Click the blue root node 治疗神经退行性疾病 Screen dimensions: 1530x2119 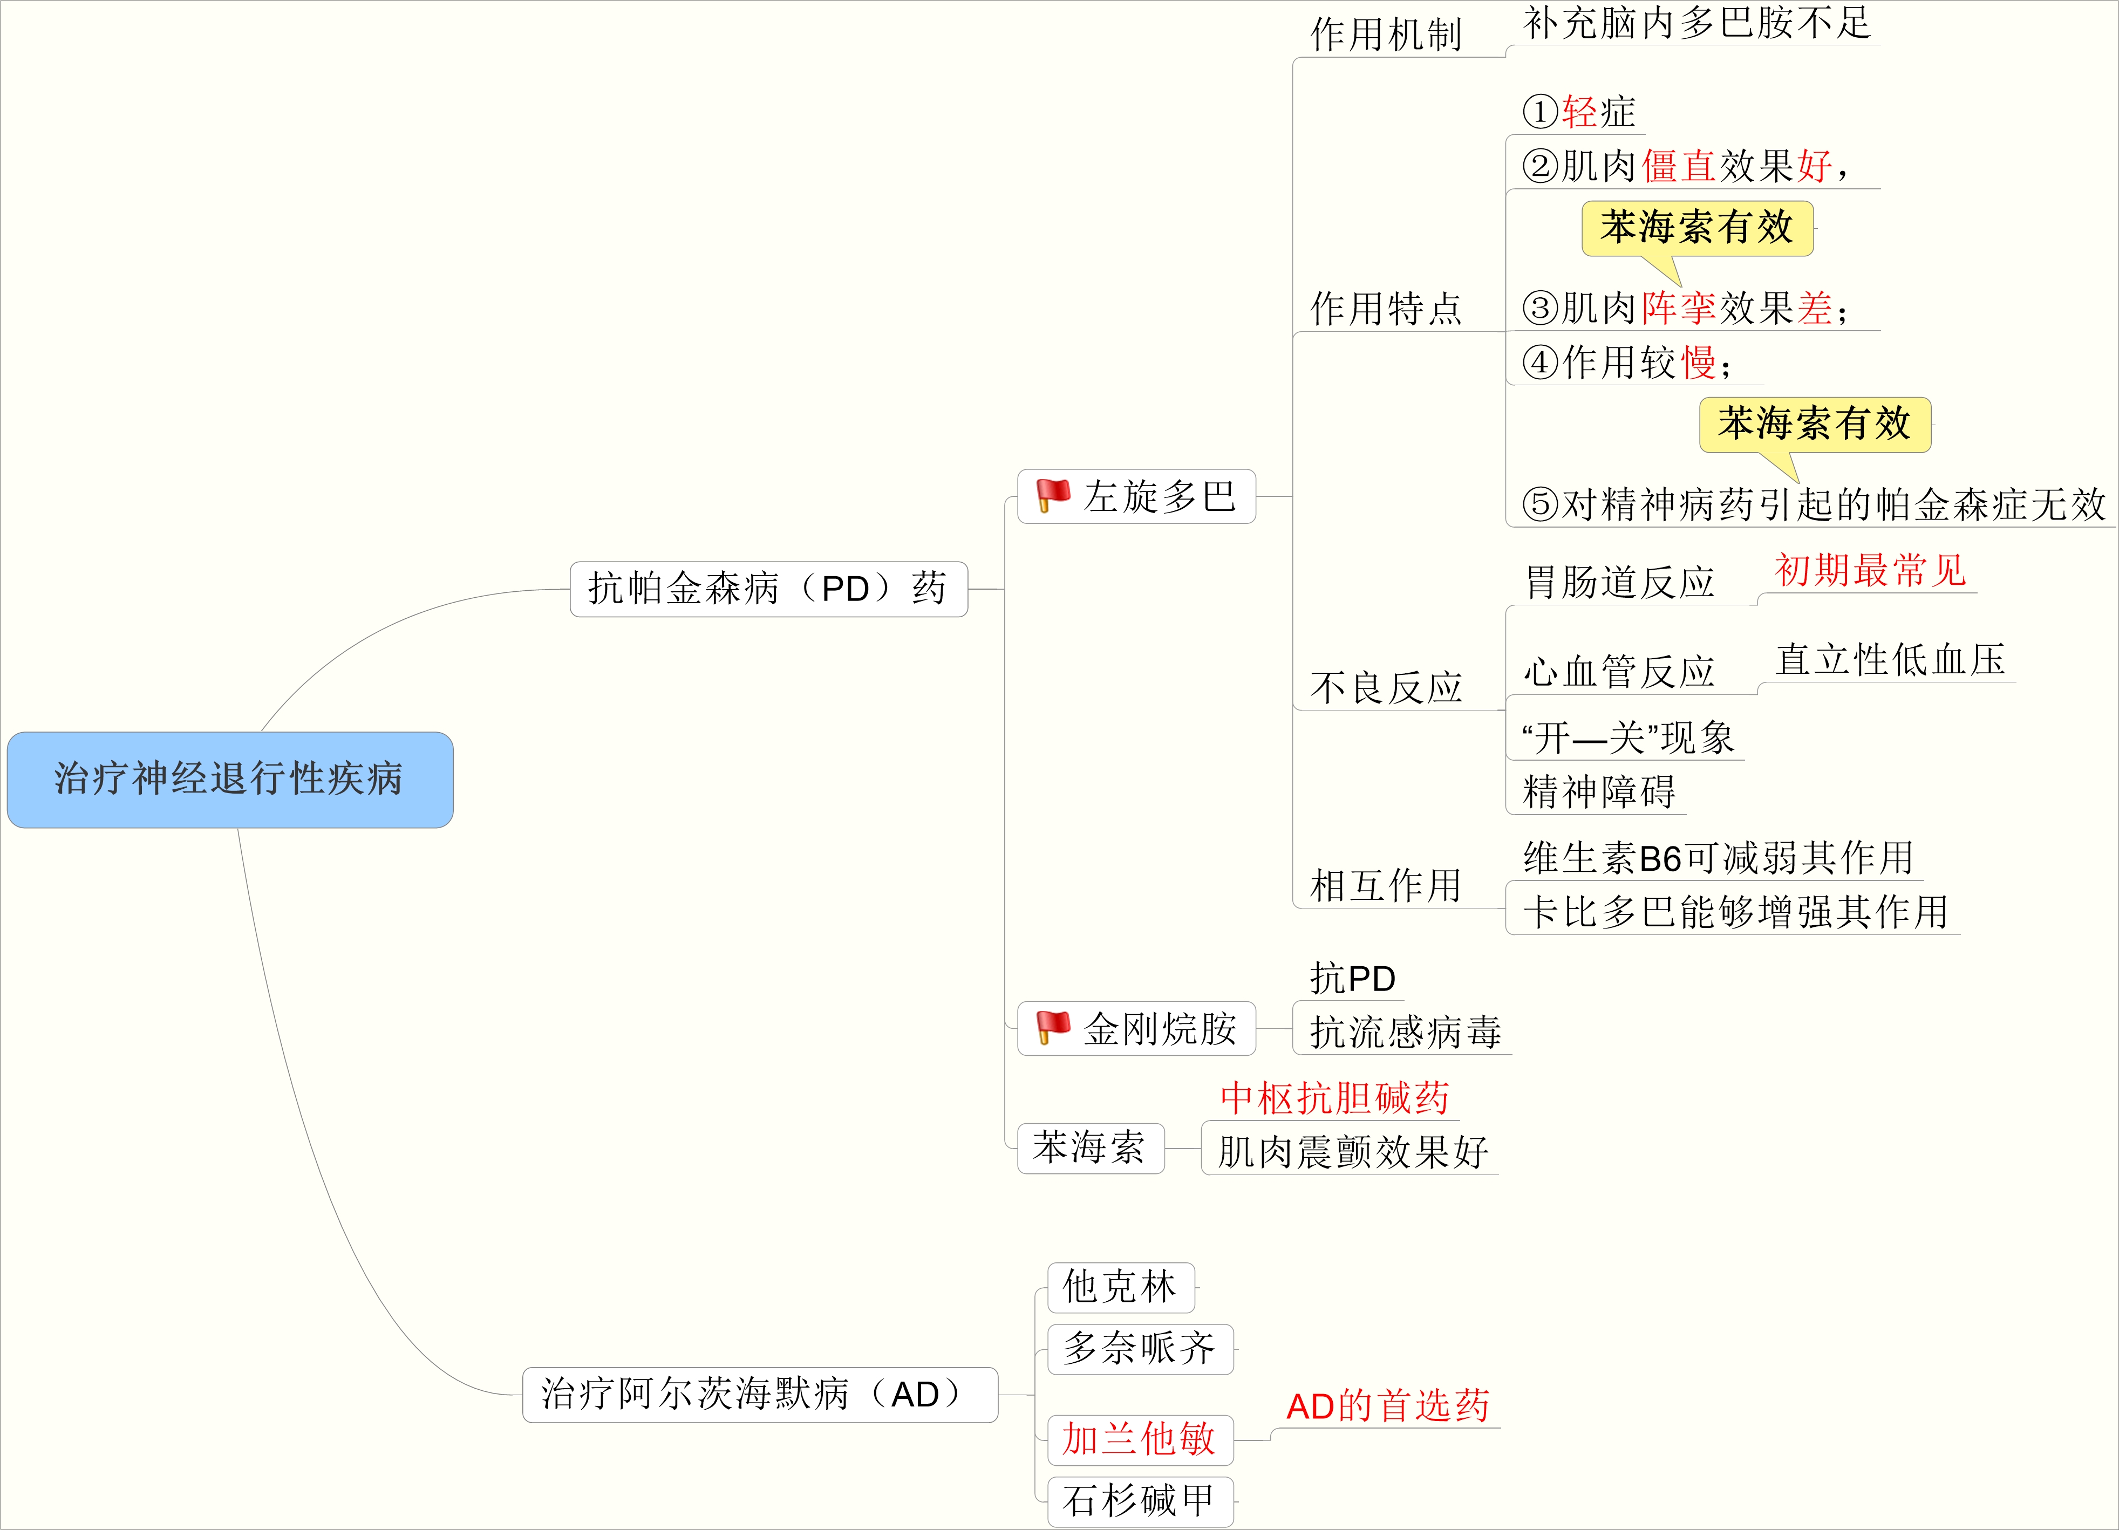coord(230,779)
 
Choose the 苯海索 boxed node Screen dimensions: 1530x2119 coord(1089,1148)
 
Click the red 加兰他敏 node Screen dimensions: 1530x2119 coord(1140,1439)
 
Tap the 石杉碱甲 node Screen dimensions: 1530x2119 coord(1140,1501)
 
